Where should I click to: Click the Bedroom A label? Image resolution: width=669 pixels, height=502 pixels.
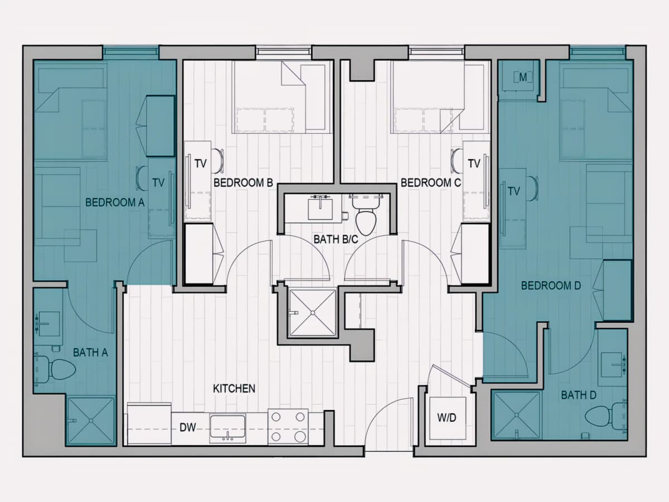tap(115, 202)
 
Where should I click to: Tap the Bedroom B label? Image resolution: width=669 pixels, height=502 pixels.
tap(243, 183)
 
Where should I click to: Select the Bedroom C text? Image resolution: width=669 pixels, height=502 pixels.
tap(430, 183)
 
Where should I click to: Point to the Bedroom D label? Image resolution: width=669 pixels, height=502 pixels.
tap(551, 286)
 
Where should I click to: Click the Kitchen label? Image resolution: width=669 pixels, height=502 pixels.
tap(234, 389)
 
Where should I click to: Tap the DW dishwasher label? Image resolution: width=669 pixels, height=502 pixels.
tap(187, 427)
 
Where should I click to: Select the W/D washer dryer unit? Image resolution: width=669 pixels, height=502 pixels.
tap(447, 418)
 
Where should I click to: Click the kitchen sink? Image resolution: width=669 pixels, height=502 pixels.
tap(227, 428)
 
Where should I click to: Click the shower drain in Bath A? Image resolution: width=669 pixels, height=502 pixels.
tap(90, 421)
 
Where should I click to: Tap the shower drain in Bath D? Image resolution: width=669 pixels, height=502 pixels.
tap(517, 415)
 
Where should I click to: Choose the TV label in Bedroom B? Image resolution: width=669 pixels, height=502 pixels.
tap(201, 163)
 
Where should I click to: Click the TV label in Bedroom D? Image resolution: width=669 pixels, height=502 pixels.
tap(513, 191)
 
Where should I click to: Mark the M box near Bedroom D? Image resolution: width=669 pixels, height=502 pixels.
tap(523, 78)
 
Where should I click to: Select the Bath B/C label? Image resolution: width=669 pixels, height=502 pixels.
tap(336, 240)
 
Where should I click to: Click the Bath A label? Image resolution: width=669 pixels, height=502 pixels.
tap(90, 353)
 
